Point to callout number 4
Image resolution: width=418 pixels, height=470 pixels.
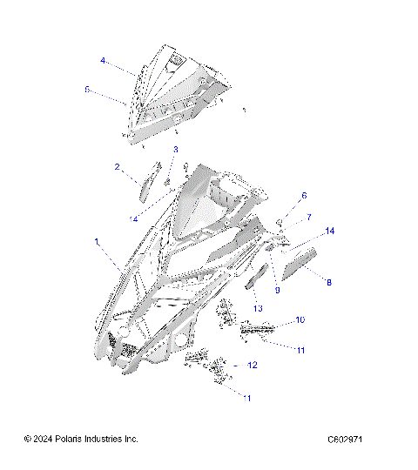[x=102, y=61]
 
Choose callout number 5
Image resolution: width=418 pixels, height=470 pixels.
[x=87, y=90]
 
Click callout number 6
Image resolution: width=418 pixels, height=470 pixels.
[x=304, y=196]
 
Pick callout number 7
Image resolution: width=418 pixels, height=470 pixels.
[x=308, y=216]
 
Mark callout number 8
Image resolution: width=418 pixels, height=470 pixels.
[x=328, y=281]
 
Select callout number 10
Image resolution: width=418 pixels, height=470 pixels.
[x=300, y=319]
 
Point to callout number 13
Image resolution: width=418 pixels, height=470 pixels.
[x=258, y=308]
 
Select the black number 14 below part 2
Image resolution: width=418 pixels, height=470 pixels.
[x=158, y=218]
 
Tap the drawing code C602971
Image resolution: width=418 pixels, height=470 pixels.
[x=345, y=439]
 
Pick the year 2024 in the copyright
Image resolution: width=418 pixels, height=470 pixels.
[x=44, y=439]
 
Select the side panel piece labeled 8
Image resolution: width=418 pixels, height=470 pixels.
[x=300, y=262]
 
